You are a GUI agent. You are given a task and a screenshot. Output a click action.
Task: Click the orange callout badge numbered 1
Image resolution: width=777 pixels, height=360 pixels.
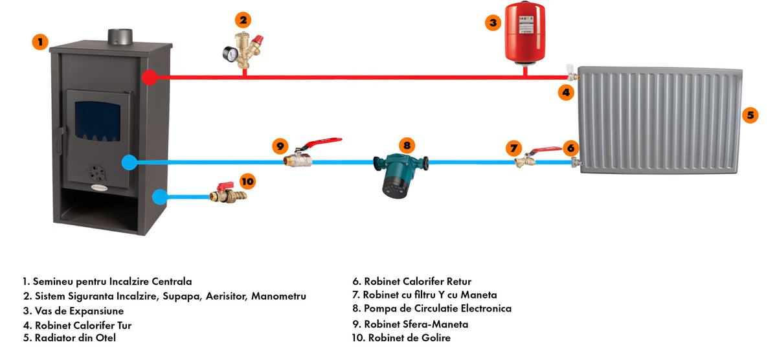point(40,42)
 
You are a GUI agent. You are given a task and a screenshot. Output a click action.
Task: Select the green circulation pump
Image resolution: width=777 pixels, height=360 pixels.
point(401,172)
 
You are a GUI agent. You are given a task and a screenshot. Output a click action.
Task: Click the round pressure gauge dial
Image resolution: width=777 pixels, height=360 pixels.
point(227,53)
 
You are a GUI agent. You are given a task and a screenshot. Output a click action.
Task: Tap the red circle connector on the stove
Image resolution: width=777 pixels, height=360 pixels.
point(150,77)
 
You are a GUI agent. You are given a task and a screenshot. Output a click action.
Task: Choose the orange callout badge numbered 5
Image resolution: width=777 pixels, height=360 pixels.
point(750,115)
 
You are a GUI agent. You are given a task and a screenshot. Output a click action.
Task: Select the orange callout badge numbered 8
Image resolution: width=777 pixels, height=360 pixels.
point(407,146)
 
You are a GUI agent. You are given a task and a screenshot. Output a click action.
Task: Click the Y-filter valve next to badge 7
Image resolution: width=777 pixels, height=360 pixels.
point(522,161)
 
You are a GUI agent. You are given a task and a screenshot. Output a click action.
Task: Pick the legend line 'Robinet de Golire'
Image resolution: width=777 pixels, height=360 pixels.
point(401,338)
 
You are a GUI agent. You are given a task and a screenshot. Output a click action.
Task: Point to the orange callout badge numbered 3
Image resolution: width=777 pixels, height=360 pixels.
point(493,23)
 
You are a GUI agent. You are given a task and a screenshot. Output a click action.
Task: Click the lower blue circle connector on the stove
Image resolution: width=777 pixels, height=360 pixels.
point(159,195)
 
